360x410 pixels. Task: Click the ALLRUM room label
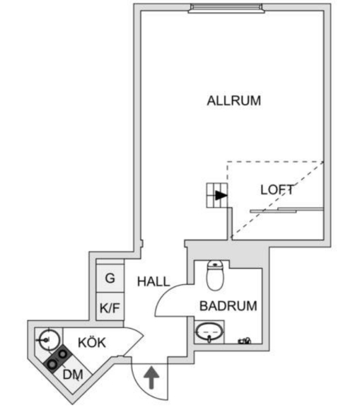click(234, 100)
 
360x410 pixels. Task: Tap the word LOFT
click(277, 190)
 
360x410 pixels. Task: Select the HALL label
click(153, 281)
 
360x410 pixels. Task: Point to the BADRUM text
click(228, 306)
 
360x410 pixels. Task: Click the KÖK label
click(92, 342)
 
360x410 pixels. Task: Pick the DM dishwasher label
click(73, 375)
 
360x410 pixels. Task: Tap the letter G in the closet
click(110, 279)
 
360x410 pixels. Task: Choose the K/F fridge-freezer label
click(110, 308)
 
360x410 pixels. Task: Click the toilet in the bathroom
click(215, 276)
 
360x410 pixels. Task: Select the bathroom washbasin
click(210, 332)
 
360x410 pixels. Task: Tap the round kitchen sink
click(49, 339)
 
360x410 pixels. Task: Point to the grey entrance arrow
click(151, 377)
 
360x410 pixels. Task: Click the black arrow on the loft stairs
click(221, 195)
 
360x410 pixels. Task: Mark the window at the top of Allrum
click(226, 8)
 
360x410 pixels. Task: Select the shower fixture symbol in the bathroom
click(244, 341)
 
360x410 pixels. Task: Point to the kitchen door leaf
click(134, 341)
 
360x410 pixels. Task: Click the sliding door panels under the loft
click(287, 210)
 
